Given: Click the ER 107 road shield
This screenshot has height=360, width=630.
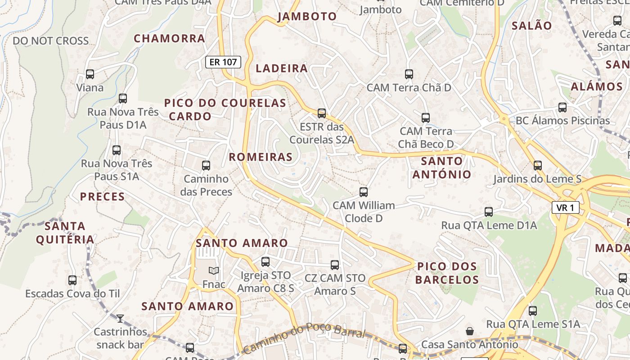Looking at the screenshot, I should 223,62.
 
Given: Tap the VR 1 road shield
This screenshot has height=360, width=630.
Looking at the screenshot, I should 565,207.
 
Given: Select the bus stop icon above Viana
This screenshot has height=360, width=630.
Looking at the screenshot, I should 90,74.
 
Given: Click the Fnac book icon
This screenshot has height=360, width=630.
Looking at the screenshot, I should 214,270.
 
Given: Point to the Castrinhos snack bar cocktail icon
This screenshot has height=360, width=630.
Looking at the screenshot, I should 120,319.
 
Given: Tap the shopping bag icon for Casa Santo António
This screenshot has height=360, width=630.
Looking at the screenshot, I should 470,331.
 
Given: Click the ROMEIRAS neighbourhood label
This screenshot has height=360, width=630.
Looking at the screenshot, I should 261,157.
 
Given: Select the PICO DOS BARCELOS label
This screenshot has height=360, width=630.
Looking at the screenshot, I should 447,273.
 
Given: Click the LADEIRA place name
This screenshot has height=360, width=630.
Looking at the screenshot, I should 282,68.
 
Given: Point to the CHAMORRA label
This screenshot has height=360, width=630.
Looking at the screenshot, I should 170,38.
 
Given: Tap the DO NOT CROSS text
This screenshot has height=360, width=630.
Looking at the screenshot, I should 51,41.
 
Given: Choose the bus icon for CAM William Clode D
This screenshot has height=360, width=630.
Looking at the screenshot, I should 364,192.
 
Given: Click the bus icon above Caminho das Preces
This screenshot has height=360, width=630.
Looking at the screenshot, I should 206,166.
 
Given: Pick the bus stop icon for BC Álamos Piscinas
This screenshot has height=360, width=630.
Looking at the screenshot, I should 562,108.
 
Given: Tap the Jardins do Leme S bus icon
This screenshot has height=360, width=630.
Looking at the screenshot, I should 538,166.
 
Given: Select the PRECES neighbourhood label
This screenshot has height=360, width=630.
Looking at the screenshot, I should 103,197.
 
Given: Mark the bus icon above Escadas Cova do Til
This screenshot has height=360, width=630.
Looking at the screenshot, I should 72,280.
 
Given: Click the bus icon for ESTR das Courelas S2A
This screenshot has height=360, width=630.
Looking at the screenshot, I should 322,113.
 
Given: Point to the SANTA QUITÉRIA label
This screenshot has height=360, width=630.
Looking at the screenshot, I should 65,233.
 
